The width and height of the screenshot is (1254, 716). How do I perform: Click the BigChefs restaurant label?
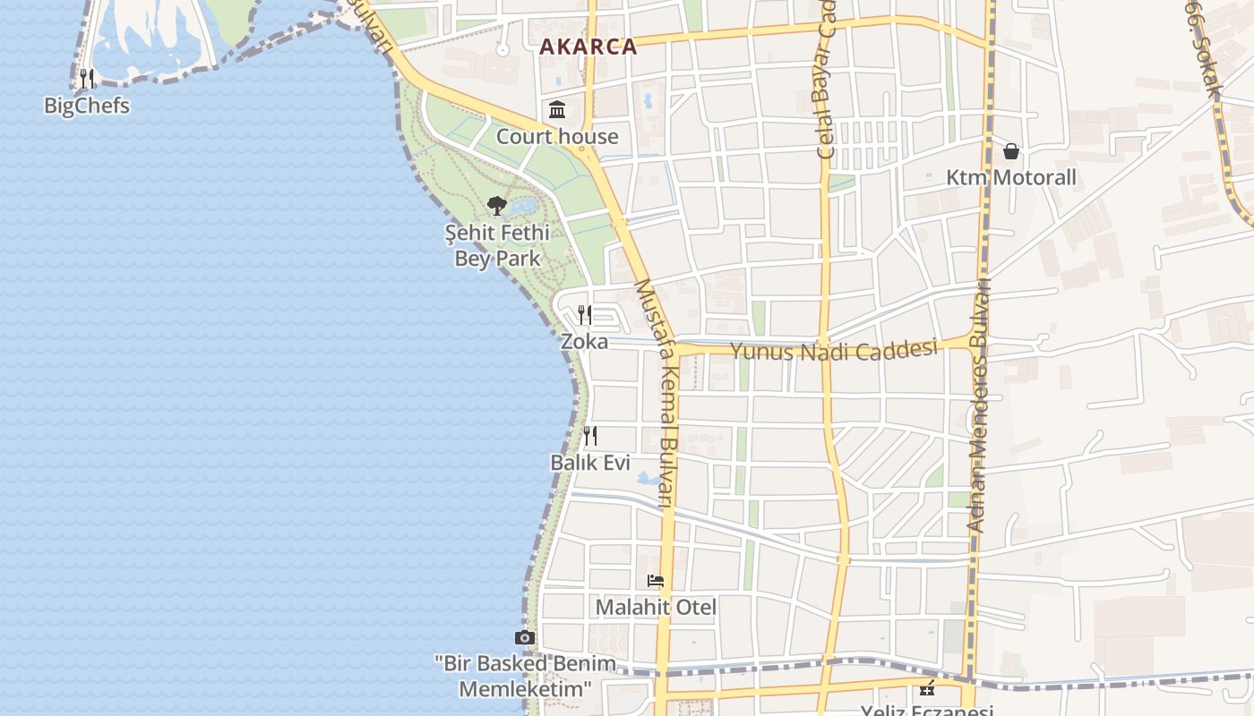87,106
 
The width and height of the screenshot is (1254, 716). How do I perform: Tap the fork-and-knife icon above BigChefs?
87,79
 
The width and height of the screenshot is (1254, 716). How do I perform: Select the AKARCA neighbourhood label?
588,47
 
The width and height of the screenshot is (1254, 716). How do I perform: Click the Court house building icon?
557,110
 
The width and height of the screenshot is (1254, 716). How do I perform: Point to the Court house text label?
557,137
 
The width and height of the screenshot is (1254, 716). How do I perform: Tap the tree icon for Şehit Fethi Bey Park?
497,206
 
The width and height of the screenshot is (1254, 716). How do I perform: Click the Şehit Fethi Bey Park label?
497,246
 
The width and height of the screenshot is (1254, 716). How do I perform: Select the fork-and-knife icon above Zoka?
585,314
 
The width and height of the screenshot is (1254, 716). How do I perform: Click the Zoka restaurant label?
584,341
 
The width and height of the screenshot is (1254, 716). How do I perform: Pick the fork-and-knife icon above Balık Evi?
590,436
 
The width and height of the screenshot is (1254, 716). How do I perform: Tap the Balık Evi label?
590,463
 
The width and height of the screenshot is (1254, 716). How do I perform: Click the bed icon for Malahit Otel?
656,581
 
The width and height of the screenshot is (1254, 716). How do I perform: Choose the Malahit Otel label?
656,608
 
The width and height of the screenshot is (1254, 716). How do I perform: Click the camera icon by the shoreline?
525,637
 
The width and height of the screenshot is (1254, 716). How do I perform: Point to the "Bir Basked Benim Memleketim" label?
526,677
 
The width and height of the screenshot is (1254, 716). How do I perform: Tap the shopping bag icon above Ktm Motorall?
1011,151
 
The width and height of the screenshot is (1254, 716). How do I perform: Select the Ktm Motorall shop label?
1011,177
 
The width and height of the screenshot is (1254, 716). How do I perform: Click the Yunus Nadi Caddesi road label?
834,349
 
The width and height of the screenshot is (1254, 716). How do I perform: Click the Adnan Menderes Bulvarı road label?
979,407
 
